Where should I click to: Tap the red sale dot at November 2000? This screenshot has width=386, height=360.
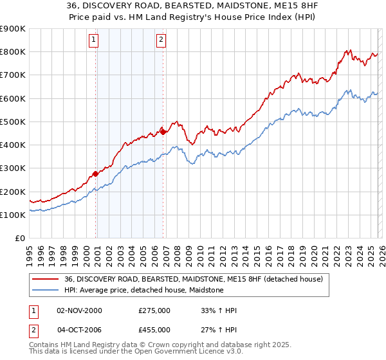[x=96, y=174]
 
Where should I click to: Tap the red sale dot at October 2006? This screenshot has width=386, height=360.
[x=163, y=132]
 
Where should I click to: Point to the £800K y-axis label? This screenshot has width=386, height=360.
[x=12, y=52]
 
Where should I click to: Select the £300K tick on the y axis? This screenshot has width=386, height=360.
[x=12, y=168]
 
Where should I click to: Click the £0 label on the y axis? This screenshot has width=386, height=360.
[x=20, y=239]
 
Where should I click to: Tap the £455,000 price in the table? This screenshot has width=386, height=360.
[x=154, y=329]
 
